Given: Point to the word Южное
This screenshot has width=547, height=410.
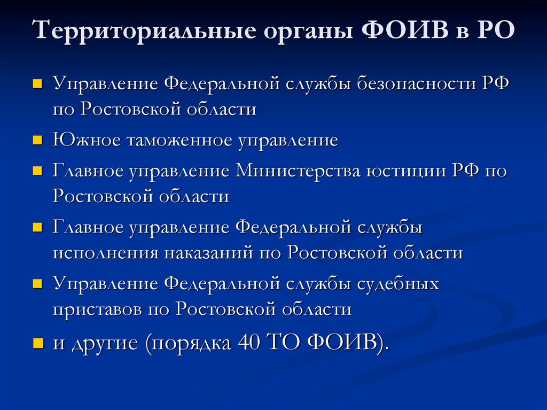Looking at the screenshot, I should pyautogui.click(x=87, y=141).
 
